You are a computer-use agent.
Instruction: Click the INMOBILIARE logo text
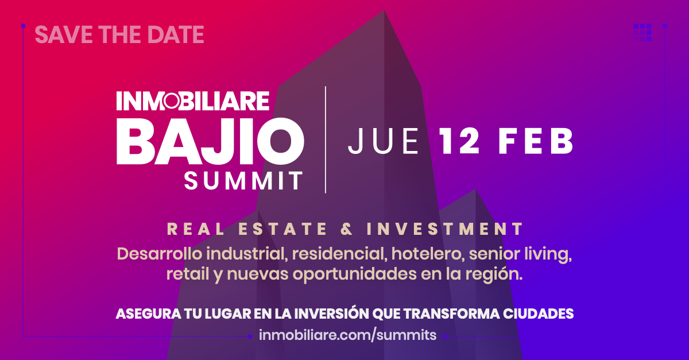point(193,100)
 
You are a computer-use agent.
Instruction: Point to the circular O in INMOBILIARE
point(171,101)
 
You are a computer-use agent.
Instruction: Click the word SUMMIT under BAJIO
point(243,180)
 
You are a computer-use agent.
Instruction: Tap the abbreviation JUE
point(384,141)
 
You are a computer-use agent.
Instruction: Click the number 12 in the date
point(459,141)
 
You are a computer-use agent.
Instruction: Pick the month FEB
point(536,141)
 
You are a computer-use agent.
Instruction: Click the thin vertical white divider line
point(326,140)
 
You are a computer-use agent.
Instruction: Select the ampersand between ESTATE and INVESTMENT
point(347,229)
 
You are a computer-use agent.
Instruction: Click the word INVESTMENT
point(445,229)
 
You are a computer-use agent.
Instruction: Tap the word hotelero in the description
point(428,254)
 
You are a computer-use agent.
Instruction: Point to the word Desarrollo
point(160,254)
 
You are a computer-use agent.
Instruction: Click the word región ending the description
point(494,274)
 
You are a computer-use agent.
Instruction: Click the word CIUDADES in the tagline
point(539,314)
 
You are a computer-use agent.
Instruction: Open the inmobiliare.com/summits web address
point(347,335)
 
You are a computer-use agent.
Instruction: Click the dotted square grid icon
point(642,32)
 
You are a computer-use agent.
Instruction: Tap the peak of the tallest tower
point(384,10)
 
